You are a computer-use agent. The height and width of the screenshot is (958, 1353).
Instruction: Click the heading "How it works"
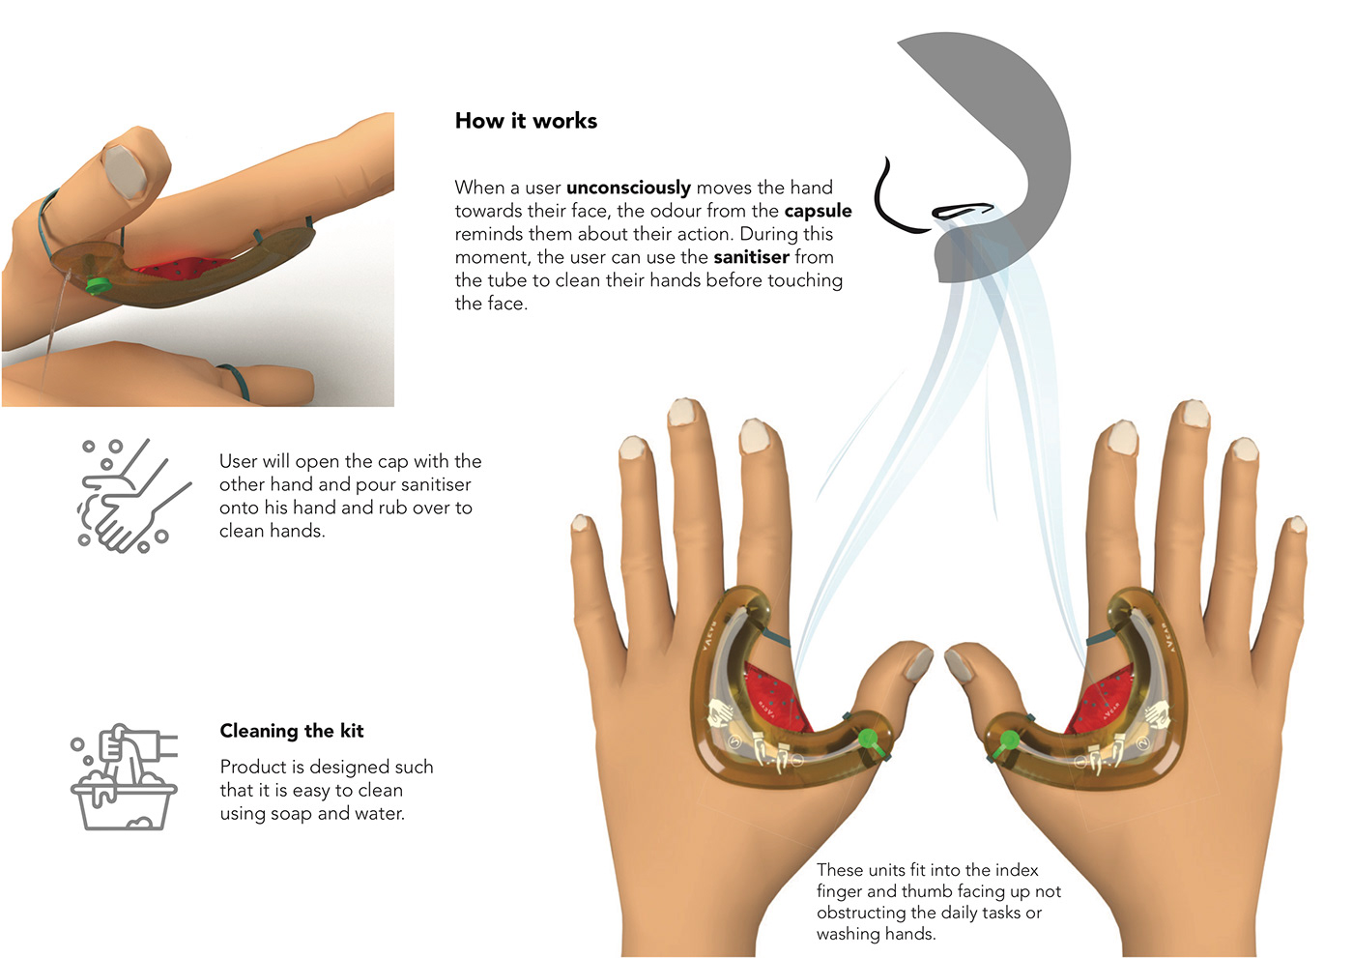[x=526, y=121]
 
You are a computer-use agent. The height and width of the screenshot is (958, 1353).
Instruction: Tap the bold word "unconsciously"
[x=628, y=188]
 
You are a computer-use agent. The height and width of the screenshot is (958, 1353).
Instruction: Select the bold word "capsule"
[x=818, y=212]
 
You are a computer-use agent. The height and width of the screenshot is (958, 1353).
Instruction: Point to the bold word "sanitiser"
[x=751, y=257]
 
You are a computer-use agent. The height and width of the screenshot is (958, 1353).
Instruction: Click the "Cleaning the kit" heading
[x=292, y=731]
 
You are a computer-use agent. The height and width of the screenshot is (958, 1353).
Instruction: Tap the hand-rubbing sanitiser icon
[x=134, y=495]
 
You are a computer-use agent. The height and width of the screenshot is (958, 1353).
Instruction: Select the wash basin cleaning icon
[x=124, y=777]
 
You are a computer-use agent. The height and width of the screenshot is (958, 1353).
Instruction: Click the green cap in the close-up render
[x=96, y=285]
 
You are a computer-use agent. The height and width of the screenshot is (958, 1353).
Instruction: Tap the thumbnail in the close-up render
[x=125, y=170]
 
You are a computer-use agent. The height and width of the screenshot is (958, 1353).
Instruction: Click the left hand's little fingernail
[x=581, y=522]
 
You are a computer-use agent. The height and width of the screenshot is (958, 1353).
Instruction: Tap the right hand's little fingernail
[x=1297, y=524]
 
